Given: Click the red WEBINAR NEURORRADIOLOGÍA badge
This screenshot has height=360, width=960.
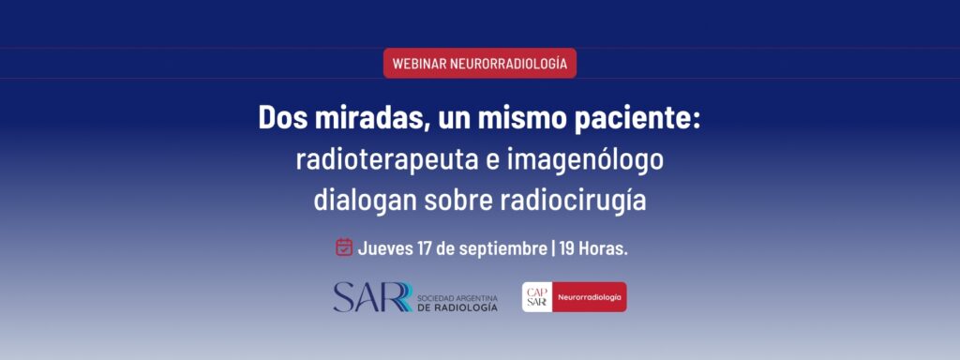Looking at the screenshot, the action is [479, 63].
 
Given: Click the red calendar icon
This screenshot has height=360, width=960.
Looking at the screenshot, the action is [344, 247].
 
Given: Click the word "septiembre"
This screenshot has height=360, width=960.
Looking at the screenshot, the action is [503, 249].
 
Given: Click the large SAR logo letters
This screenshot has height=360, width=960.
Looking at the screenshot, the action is [372, 297].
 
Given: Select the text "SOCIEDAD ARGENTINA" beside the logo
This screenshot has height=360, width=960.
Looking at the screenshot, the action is [457, 298].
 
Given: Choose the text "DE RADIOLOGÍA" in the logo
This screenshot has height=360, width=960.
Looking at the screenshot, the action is [457, 307].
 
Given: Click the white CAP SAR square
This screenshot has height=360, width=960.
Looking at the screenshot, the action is [537, 297].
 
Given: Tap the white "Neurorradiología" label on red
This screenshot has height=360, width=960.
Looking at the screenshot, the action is [590, 297].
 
